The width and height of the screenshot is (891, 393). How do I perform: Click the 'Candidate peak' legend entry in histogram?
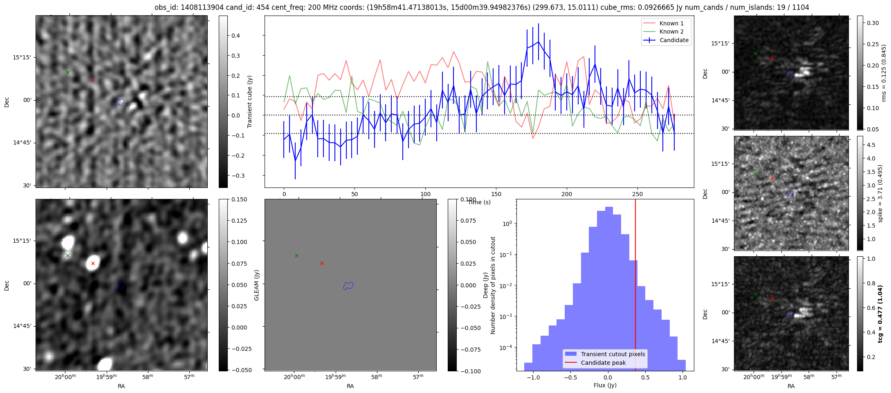coord(603,363)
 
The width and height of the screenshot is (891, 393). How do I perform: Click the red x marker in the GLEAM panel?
coord(322,263)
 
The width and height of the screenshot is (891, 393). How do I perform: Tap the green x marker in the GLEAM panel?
coord(296,255)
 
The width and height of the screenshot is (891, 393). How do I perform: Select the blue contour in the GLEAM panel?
coord(348,285)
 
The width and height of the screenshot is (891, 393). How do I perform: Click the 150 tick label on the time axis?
coord(496,194)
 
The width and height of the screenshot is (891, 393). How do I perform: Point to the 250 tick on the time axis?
coord(637,194)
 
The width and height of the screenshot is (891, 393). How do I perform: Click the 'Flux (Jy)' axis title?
coord(605,385)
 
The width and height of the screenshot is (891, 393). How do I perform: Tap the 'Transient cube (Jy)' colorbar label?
coord(250,102)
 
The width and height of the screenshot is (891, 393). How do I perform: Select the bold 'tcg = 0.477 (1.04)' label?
coord(880,314)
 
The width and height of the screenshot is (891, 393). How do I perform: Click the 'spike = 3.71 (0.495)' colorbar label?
coord(880,193)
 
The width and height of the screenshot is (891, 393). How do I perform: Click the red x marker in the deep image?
coord(93,263)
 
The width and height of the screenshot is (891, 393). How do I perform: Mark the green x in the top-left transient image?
coord(67,72)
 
